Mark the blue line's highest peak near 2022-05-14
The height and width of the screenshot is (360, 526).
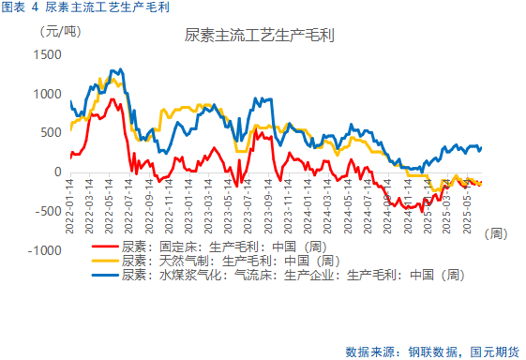(116, 70)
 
